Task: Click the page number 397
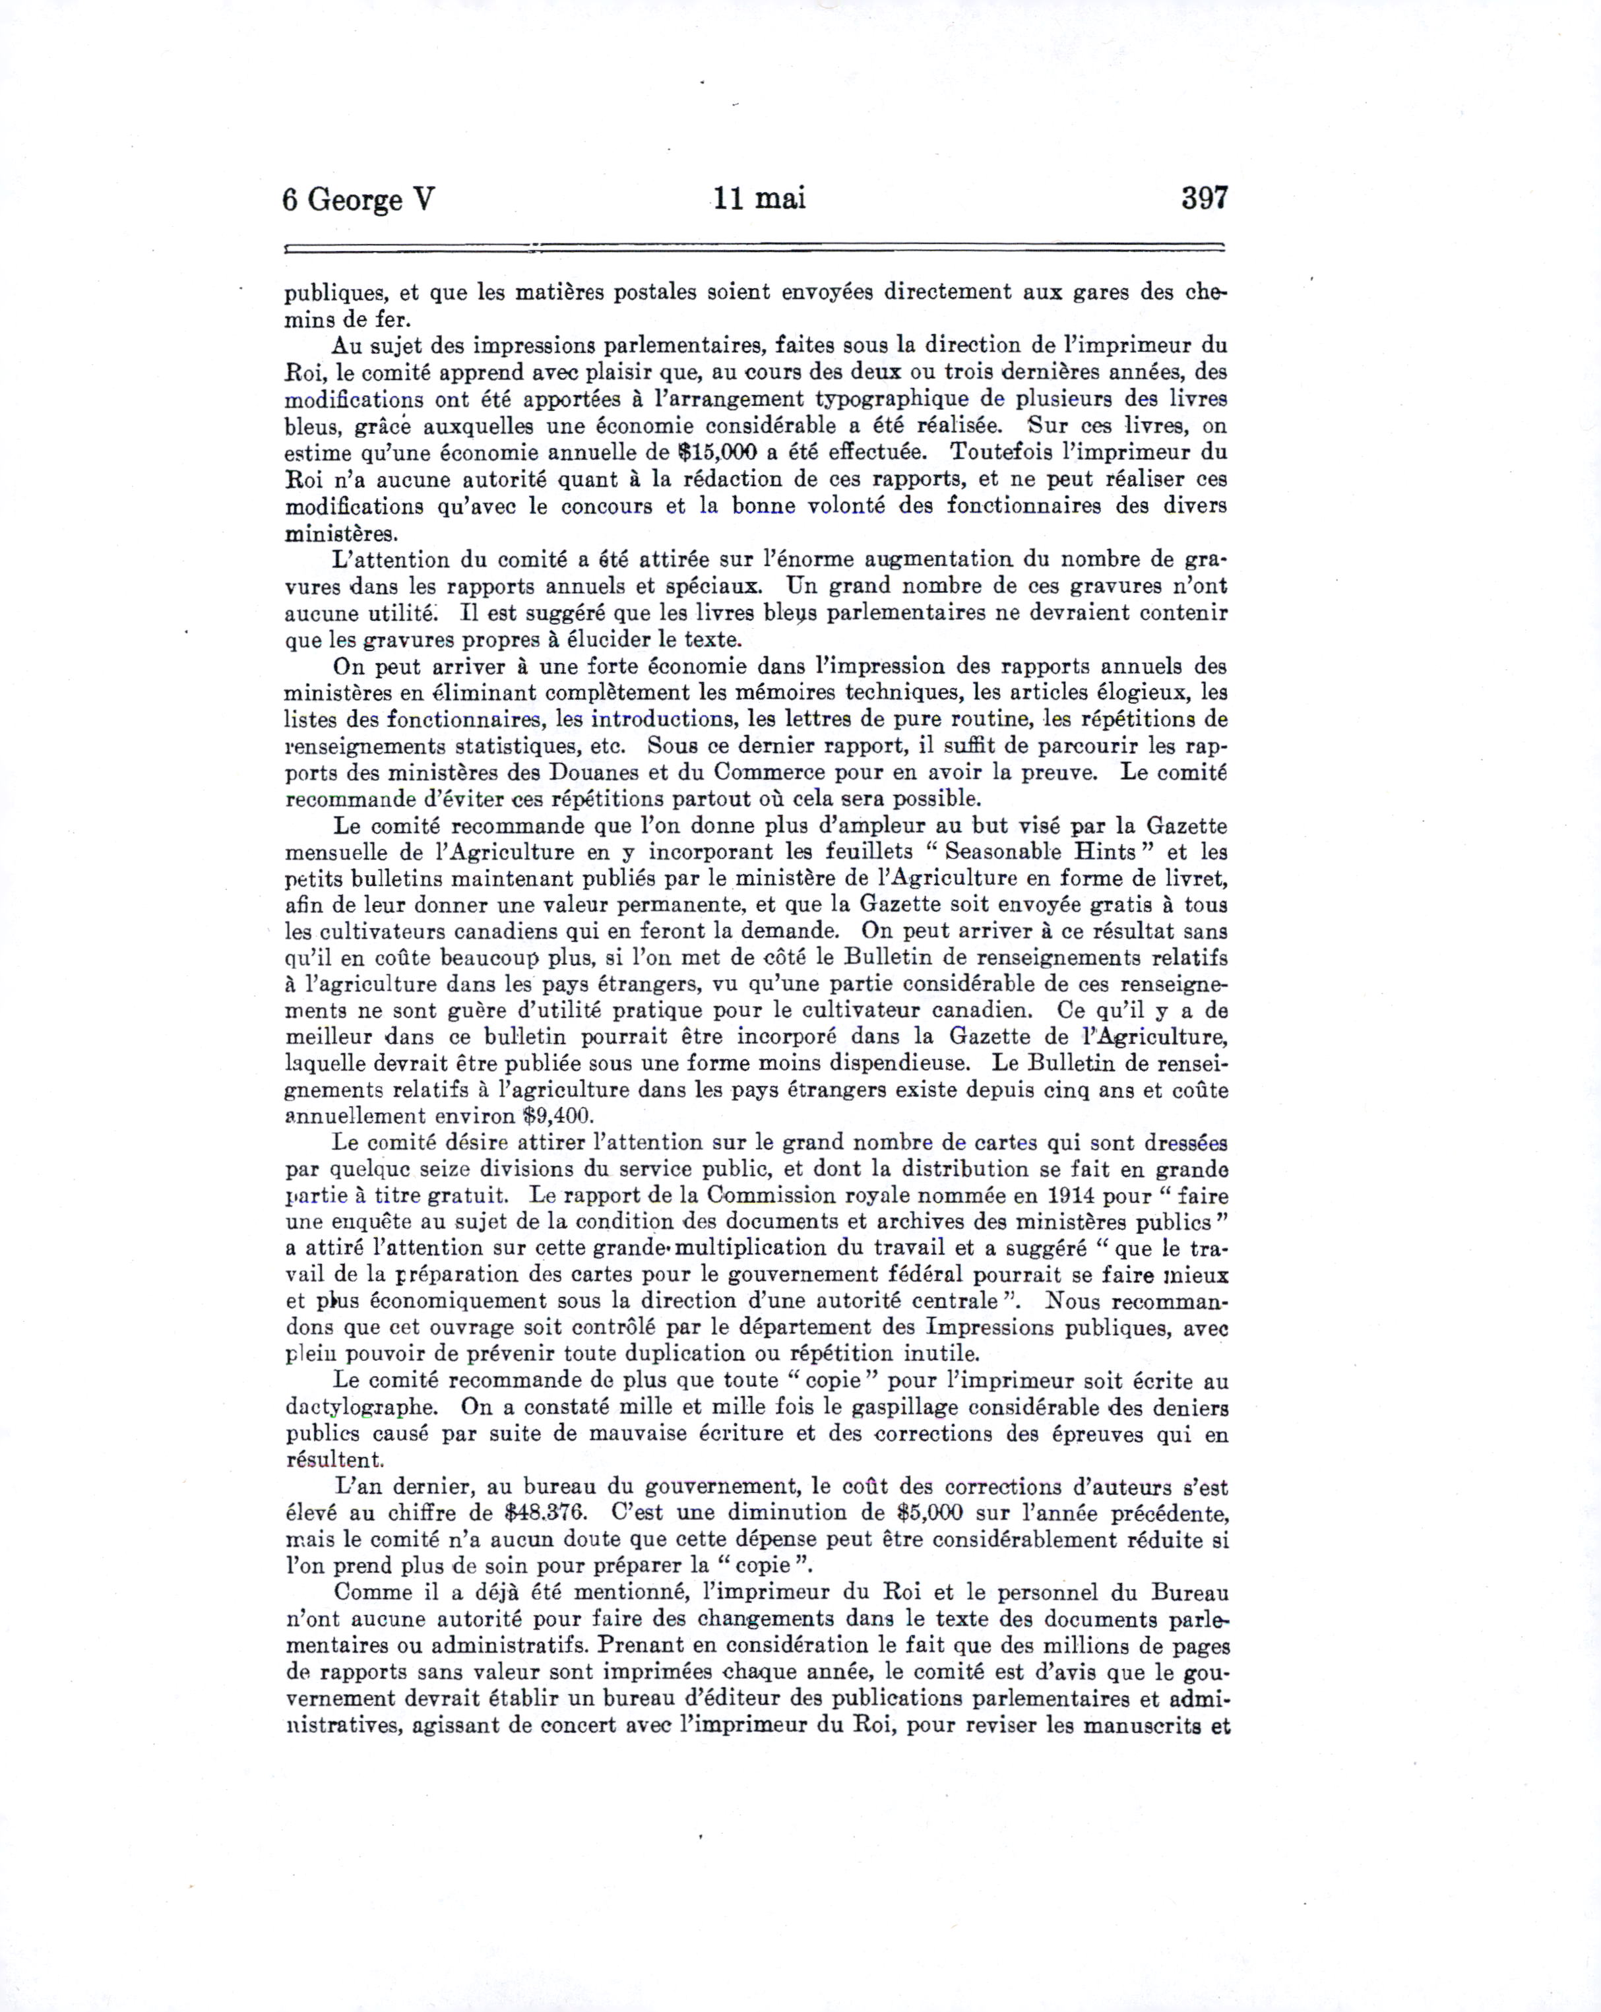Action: click(1205, 198)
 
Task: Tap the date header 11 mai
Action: click(759, 199)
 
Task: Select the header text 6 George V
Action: click(358, 200)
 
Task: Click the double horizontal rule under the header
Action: click(755, 248)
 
